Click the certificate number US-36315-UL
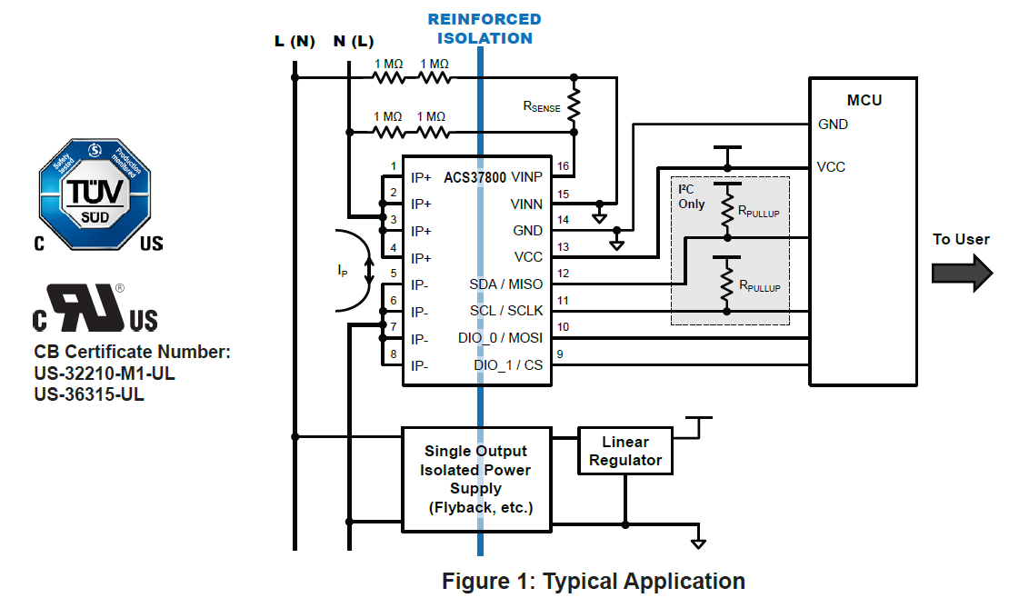tap(89, 394)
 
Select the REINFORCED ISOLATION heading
tap(485, 29)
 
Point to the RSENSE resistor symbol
tap(574, 107)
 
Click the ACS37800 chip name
tap(475, 177)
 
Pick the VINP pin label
tap(527, 177)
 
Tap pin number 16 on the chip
tap(564, 166)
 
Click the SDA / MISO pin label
tap(505, 284)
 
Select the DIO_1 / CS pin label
tap(508, 365)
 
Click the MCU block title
tap(864, 100)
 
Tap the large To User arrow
tap(961, 274)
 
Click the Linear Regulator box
tap(625, 451)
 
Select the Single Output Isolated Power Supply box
tap(475, 479)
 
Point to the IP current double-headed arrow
tap(368, 269)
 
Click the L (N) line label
tap(294, 42)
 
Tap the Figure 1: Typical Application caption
tap(594, 581)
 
